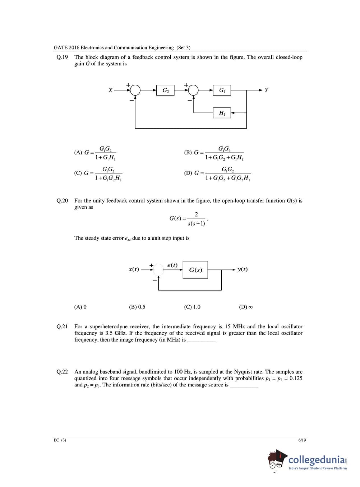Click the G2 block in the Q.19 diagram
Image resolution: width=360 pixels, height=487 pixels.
click(x=165, y=90)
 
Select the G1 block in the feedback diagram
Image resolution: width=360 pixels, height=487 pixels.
click(x=222, y=90)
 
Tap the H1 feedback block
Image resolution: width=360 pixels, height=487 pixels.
click(x=222, y=113)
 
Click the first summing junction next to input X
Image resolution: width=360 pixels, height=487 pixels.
click(x=135, y=90)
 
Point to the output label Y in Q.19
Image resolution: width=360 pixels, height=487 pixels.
click(x=266, y=90)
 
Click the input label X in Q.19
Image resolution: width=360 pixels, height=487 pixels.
click(x=110, y=90)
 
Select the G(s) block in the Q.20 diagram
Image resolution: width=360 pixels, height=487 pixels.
click(x=195, y=270)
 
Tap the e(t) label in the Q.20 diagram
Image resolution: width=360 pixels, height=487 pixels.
click(x=172, y=265)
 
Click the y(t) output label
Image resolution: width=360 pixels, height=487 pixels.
click(x=243, y=269)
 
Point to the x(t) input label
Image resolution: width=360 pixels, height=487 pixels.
click(x=134, y=269)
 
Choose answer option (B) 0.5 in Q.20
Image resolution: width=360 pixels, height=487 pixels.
click(x=137, y=307)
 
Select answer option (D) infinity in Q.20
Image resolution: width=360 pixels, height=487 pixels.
click(x=246, y=307)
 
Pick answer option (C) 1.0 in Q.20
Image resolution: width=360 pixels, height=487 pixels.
click(x=192, y=307)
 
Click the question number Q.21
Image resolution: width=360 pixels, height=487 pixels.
click(x=62, y=326)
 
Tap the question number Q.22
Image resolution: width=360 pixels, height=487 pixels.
click(x=62, y=372)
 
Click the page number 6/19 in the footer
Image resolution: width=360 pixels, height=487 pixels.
click(x=302, y=440)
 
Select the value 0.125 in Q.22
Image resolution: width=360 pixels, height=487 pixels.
click(x=296, y=378)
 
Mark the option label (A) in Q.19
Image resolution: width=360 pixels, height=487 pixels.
click(x=78, y=152)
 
